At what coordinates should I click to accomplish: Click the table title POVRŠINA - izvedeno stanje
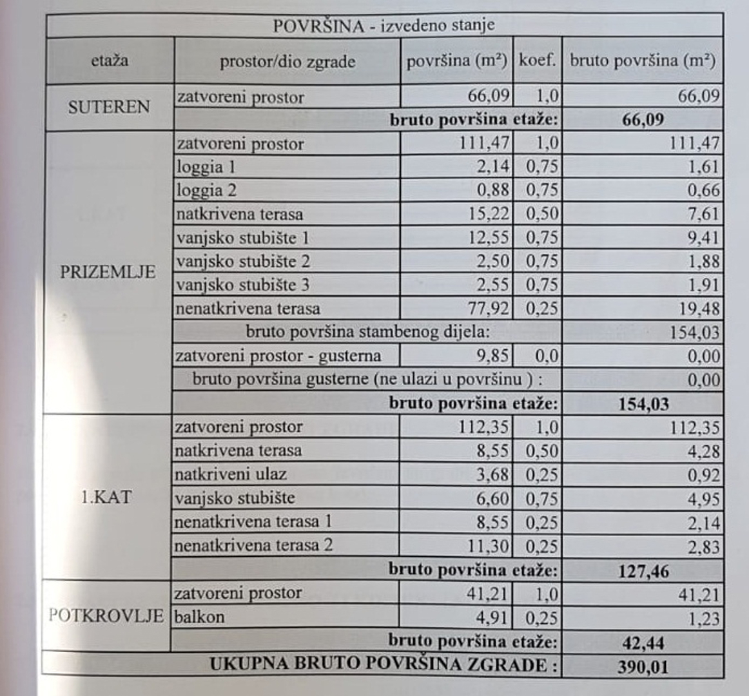pos(384,26)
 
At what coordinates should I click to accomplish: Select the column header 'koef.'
pos(537,61)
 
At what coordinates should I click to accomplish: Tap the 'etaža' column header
pos(110,61)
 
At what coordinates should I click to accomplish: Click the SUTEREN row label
pos(109,106)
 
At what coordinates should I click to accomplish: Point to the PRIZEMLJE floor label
pos(108,272)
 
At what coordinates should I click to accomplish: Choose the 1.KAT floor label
pos(106,497)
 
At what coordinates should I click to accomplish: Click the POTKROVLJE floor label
pos(106,615)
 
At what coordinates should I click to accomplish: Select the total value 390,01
pos(643,666)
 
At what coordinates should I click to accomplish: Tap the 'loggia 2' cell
pos(206,190)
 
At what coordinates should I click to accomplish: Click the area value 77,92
pos(488,309)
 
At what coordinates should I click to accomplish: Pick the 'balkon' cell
pos(200,617)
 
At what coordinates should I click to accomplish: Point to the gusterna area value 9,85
pos(492,356)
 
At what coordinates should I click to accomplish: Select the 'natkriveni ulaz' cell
pos(230,474)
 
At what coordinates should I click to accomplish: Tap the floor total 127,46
pos(643,571)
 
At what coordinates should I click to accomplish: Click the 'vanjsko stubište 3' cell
pos(243,285)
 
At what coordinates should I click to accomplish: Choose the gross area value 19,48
pos(699,309)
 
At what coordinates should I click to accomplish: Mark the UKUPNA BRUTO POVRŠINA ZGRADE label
pos(384,665)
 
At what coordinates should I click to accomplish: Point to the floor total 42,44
pos(643,643)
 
